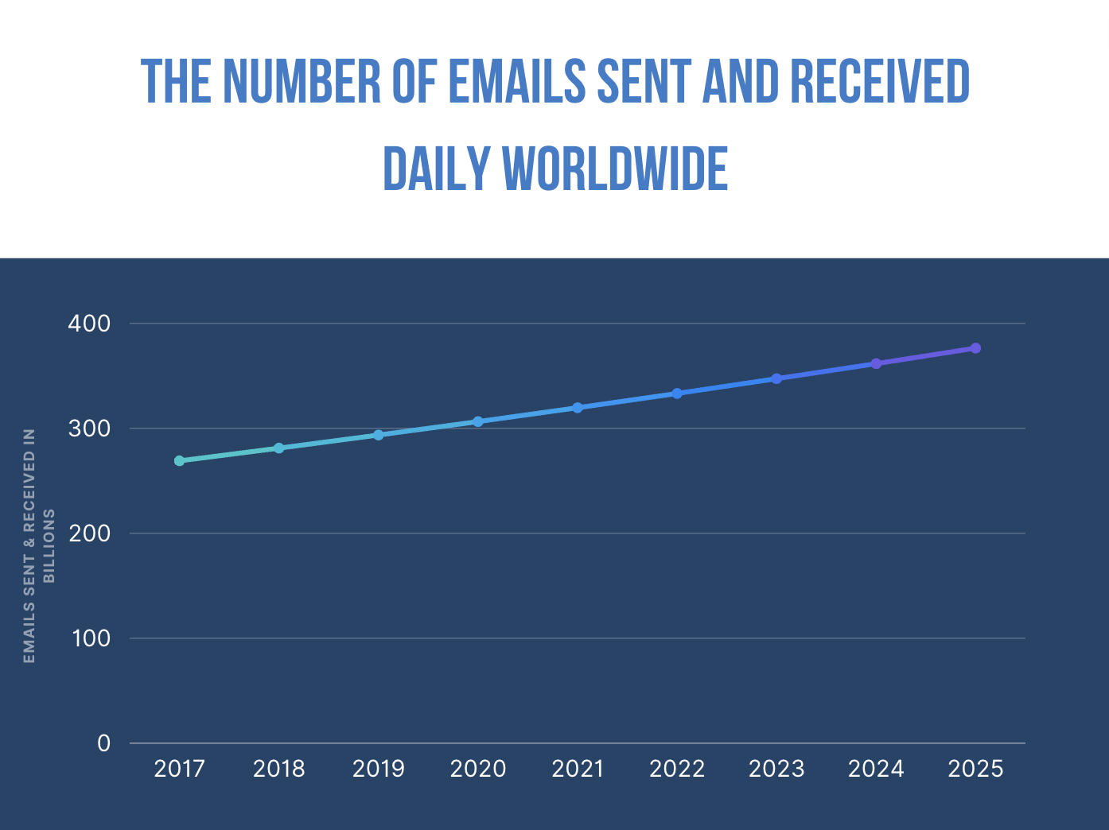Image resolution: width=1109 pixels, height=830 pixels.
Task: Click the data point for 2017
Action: tap(179, 460)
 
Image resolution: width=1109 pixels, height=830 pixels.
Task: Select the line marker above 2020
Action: tap(478, 421)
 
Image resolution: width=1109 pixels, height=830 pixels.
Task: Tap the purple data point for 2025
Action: tap(975, 348)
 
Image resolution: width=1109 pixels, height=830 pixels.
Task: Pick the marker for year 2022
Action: tap(677, 394)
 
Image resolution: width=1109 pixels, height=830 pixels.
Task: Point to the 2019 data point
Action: tap(379, 435)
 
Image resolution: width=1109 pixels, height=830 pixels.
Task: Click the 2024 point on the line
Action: tap(876, 363)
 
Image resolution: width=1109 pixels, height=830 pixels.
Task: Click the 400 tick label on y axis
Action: tap(89, 324)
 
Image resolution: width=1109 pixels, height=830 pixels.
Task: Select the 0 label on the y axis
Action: tap(103, 743)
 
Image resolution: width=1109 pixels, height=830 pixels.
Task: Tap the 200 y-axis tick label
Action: tap(89, 533)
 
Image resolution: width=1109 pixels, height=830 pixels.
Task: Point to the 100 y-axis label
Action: tap(90, 638)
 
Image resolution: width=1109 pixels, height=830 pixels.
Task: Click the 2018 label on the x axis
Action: tap(278, 769)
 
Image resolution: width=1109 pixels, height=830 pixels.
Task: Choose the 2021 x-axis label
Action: tap(578, 769)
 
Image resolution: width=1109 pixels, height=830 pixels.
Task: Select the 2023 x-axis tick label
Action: tap(776, 769)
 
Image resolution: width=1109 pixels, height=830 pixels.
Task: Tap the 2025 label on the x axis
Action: tap(975, 769)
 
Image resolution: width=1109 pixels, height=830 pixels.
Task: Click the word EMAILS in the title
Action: tap(516, 82)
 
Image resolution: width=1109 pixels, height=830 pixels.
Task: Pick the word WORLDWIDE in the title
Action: tap(616, 169)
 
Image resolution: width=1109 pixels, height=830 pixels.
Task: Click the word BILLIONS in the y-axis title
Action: tap(49, 546)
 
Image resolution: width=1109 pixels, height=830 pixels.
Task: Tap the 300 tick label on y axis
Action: tap(89, 429)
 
